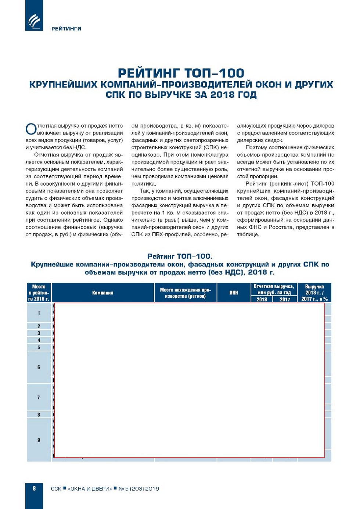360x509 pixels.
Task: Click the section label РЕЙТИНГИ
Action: [66, 29]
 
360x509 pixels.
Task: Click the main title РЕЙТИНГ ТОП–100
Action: [181, 73]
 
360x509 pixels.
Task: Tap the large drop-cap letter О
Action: [31, 129]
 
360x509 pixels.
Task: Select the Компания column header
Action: [102, 293]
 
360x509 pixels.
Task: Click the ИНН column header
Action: [234, 293]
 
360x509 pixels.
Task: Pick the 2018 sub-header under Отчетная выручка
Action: [262, 300]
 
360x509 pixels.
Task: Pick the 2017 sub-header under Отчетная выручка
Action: [285, 300]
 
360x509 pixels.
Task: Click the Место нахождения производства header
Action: [185, 293]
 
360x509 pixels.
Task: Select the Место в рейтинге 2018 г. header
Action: [39, 293]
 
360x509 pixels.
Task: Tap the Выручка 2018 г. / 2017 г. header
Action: [314, 293]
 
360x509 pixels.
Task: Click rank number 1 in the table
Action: [39, 313]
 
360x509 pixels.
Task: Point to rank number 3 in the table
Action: [39, 333]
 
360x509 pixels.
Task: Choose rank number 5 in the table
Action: [39, 347]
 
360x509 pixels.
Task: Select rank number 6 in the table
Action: [39, 367]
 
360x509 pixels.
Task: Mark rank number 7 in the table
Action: [39, 397]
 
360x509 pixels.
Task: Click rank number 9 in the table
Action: [39, 440]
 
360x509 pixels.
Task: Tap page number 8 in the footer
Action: [34, 488]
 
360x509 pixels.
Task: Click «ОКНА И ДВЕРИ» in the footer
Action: [90, 489]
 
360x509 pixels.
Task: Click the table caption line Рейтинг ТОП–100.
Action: [180, 256]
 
